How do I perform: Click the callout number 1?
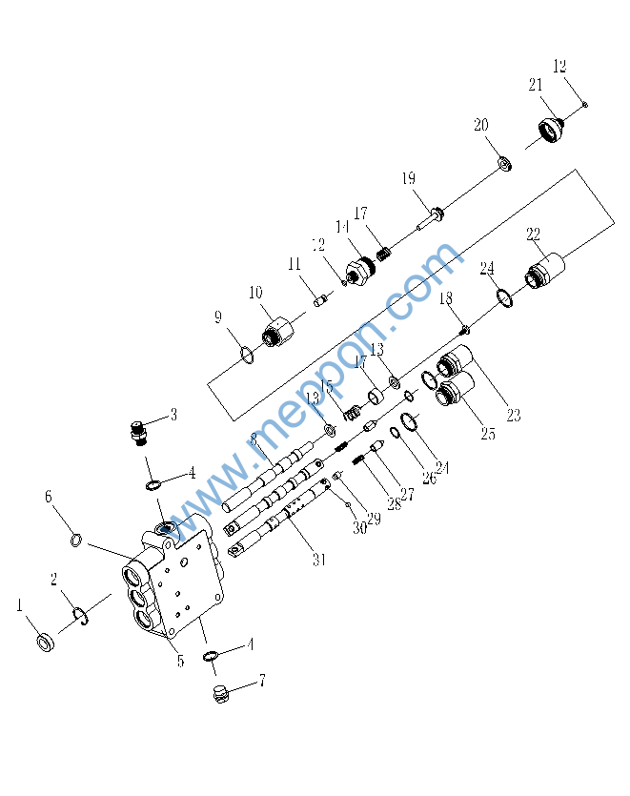pos(18,604)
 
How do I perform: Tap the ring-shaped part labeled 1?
pos(46,643)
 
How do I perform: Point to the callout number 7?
pos(261,681)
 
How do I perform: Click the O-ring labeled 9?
pos(247,356)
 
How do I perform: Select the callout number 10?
pos(255,292)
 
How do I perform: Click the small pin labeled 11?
pos(321,301)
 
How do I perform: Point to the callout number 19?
pos(408,179)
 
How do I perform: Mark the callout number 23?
pos(513,416)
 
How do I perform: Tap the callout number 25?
pos(487,435)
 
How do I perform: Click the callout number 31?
pos(318,561)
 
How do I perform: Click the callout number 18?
pos(445,299)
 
